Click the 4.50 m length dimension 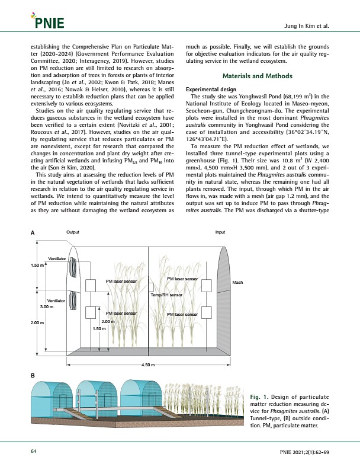[149, 365]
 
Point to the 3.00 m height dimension [47, 306]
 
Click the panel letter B [33, 376]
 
